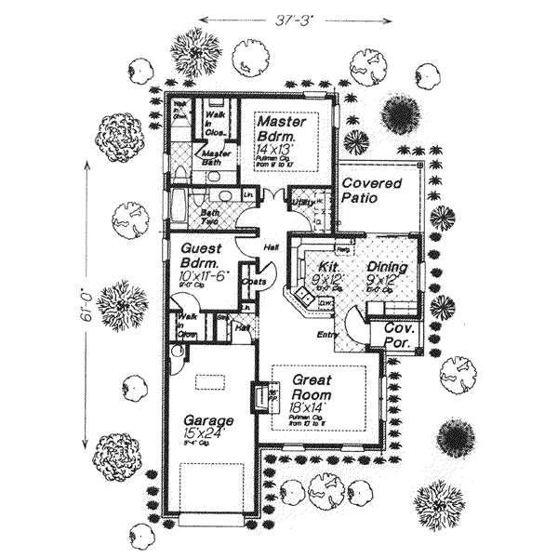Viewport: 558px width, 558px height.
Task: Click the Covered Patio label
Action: click(371, 191)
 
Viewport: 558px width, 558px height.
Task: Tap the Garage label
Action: click(207, 420)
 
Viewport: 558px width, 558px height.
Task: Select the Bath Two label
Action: click(210, 215)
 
